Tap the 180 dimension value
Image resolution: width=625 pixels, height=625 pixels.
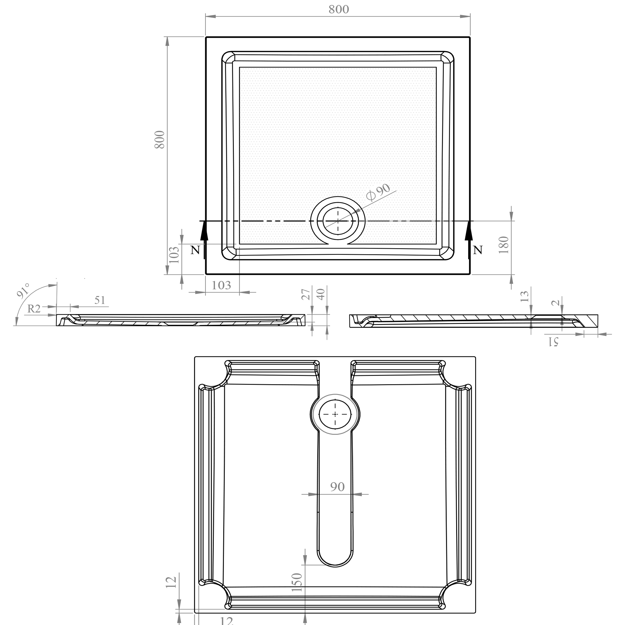tap(504, 245)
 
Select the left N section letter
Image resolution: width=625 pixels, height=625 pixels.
tap(195, 250)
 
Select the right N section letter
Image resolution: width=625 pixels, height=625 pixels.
tap(477, 250)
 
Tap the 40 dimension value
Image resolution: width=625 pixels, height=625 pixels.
tap(321, 294)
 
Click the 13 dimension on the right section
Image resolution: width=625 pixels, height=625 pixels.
tap(524, 296)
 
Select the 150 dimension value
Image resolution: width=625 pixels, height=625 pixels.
tap(297, 582)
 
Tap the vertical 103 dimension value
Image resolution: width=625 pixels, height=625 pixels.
tap(174, 255)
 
